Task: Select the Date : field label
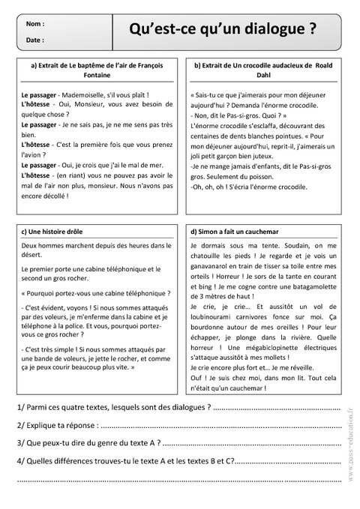(34, 40)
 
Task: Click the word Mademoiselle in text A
(86, 95)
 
